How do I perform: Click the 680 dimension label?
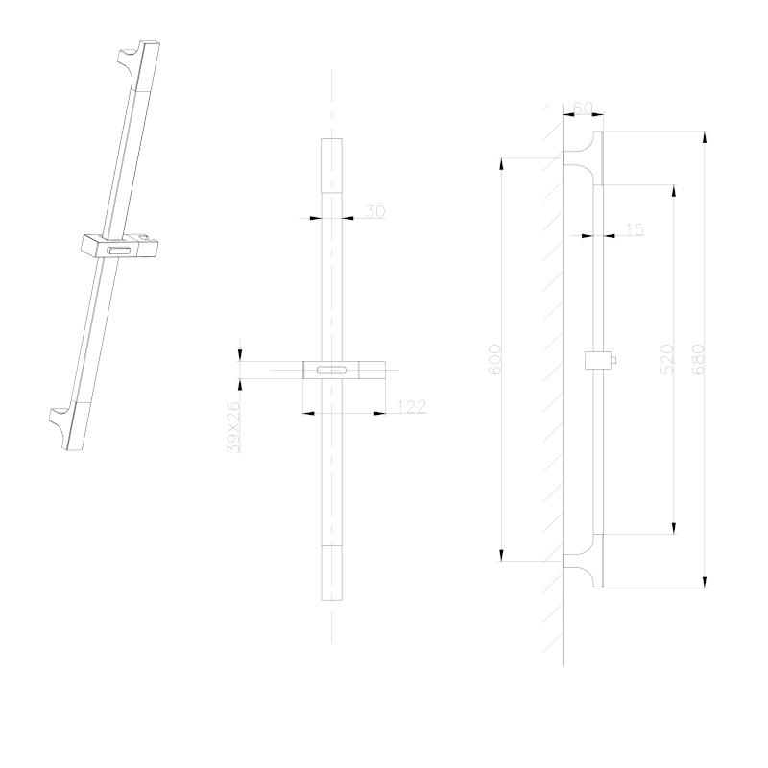point(699,359)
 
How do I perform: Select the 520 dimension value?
point(667,359)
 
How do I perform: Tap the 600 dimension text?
point(495,359)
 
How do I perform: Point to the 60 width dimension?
point(583,108)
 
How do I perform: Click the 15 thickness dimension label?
point(635,229)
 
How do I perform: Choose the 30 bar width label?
point(375,211)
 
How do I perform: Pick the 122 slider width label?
point(412,406)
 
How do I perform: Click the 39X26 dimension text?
point(234,427)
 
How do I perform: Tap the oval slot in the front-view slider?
point(331,370)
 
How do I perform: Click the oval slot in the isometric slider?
point(120,252)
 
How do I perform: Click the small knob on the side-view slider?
point(613,361)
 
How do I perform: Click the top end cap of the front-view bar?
point(331,165)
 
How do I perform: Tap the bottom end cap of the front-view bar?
point(331,572)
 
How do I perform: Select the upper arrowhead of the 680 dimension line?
point(705,137)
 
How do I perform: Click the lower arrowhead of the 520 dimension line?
point(674,528)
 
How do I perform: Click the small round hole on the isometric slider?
point(143,238)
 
